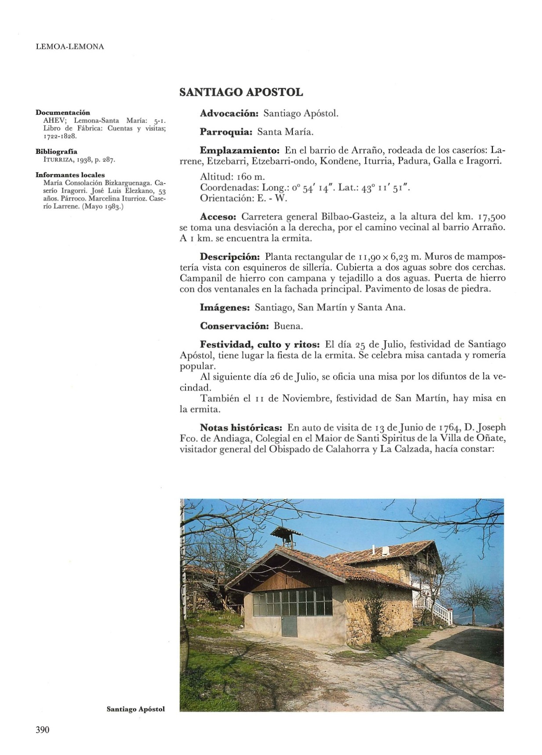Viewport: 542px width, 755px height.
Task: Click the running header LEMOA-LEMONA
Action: (69, 47)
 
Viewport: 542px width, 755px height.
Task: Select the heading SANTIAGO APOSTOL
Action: (241, 92)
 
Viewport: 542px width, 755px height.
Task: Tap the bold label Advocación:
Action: (229, 113)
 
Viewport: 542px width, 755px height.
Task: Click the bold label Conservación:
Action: (234, 326)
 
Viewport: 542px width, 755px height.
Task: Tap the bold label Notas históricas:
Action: (241, 427)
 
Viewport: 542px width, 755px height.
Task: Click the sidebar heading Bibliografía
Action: (56, 151)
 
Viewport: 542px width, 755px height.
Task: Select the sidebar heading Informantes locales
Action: (70, 175)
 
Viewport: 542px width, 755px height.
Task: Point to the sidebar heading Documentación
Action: (62, 113)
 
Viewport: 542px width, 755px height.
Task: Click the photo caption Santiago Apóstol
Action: (136, 709)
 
